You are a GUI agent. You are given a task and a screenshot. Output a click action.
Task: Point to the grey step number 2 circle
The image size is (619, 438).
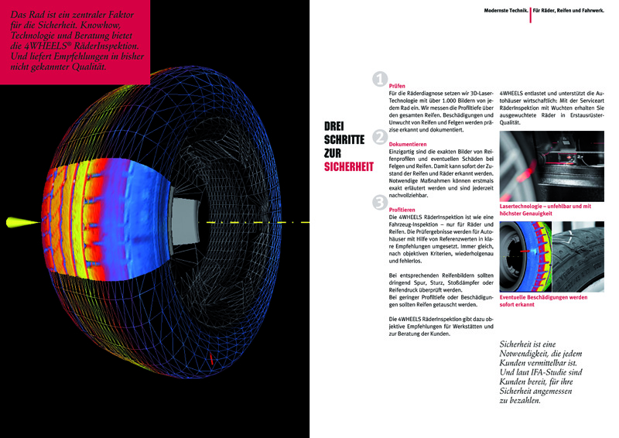pos(379,137)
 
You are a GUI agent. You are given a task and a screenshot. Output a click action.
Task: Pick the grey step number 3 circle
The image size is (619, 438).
pos(379,202)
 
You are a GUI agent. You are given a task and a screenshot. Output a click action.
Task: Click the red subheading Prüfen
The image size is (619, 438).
pos(396,86)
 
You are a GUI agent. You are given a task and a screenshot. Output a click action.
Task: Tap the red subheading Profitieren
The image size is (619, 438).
pos(403,210)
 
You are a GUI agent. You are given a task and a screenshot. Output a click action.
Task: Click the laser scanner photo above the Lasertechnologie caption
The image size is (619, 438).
pos(552,168)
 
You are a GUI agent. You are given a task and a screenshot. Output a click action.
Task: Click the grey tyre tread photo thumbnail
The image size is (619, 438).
pos(579,256)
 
